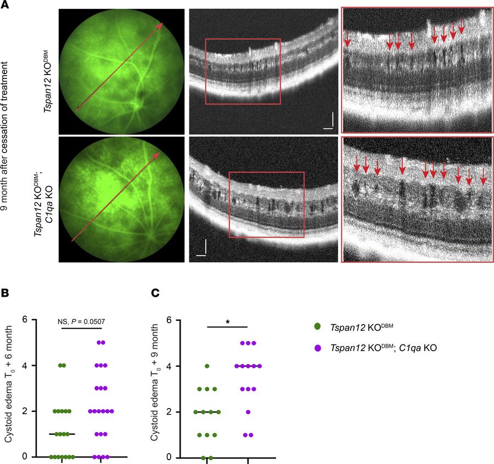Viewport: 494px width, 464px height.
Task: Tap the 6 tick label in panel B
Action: (x=26, y=319)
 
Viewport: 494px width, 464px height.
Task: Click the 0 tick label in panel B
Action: (x=26, y=456)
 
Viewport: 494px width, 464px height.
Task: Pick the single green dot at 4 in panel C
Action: (x=207, y=366)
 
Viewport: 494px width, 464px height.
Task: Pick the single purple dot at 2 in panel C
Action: (x=248, y=411)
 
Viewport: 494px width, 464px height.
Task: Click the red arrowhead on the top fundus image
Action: (x=162, y=24)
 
